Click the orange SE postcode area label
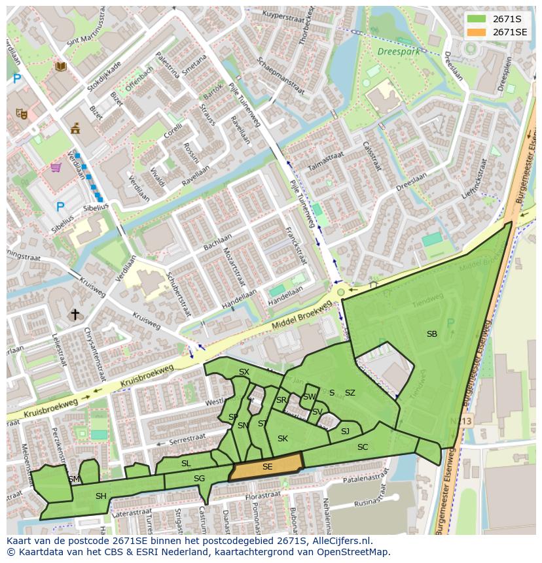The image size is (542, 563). tap(267, 467)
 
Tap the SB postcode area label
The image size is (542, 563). tap(431, 334)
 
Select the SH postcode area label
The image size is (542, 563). tap(101, 496)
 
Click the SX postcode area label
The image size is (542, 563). tap(244, 372)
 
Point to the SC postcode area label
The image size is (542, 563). tap(363, 447)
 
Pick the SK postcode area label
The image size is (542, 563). tap(282, 439)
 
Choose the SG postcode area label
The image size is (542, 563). tap(199, 479)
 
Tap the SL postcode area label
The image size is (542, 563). tap(186, 464)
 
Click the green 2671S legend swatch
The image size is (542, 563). tap(477, 18)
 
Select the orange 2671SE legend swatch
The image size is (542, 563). tap(477, 31)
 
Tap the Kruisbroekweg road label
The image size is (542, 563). tap(146, 377)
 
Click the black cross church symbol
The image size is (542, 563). tap(75, 315)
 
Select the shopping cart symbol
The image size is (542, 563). tap(56, 167)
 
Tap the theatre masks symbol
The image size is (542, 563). tap(22, 113)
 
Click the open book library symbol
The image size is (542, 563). tap(61, 66)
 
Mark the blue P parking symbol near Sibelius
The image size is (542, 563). tap(60, 207)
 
